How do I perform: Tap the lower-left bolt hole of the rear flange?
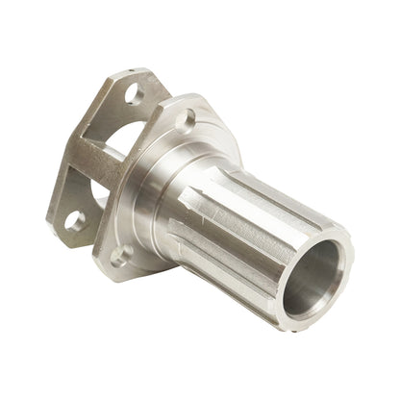(74, 220)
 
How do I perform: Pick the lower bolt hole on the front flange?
(121, 256)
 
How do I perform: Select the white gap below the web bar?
(97, 200)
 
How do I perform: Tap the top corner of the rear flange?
(144, 71)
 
